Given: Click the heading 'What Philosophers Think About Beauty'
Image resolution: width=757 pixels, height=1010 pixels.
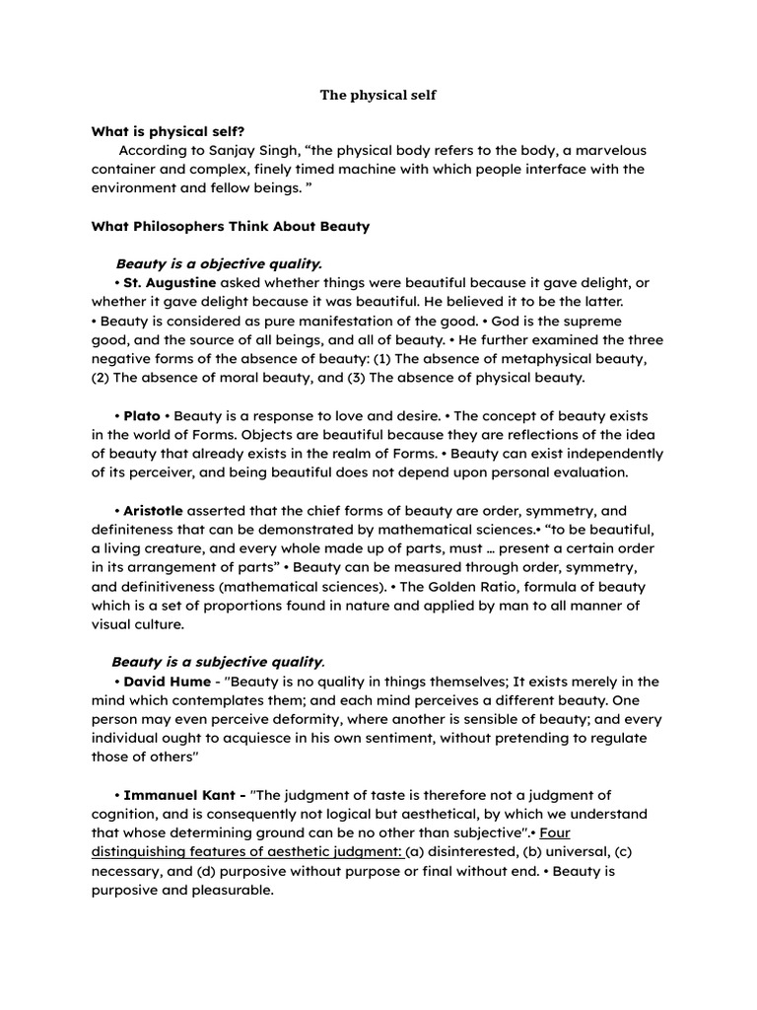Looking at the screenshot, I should (x=231, y=226).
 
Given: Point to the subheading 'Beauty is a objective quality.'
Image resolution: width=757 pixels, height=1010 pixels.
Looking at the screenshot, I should (x=219, y=263).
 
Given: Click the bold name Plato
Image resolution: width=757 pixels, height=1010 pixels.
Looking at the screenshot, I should (x=142, y=415).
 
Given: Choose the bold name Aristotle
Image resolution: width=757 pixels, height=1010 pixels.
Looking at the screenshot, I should (x=154, y=510).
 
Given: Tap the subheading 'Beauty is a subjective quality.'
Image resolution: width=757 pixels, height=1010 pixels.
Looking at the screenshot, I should (x=218, y=662).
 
